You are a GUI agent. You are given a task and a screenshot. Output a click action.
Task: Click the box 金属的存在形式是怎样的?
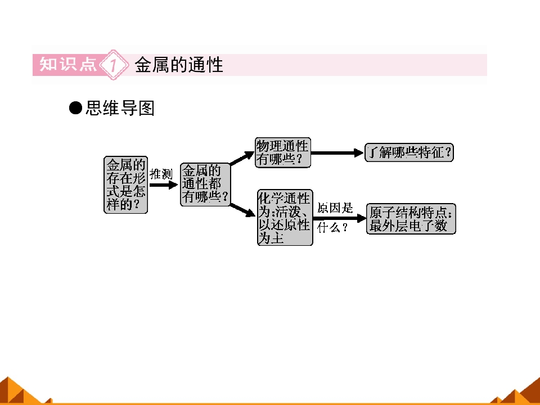click(x=125, y=185)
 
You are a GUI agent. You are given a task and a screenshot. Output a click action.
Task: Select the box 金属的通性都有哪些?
click(x=205, y=184)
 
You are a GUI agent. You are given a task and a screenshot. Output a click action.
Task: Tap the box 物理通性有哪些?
click(x=283, y=152)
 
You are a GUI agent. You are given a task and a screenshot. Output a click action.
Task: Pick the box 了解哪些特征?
click(x=409, y=152)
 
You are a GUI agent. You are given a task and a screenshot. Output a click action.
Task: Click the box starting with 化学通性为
click(x=285, y=217)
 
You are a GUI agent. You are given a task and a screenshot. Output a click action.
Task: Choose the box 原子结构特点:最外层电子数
click(x=411, y=219)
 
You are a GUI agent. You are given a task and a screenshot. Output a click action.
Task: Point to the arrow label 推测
click(x=161, y=174)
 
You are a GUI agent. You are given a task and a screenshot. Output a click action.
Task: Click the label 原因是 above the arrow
click(x=335, y=208)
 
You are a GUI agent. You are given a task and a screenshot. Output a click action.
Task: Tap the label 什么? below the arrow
click(x=332, y=228)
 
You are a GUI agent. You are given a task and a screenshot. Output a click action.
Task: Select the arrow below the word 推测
click(x=164, y=185)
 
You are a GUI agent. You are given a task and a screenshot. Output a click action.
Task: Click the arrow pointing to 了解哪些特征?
click(x=337, y=153)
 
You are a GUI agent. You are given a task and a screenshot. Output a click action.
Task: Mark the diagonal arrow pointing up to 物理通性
click(x=242, y=158)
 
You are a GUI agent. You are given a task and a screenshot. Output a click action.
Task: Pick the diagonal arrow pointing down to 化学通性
click(x=243, y=210)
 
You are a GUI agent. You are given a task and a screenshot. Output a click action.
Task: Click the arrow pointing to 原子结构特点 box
click(x=340, y=218)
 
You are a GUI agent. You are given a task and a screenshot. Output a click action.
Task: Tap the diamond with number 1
click(x=114, y=65)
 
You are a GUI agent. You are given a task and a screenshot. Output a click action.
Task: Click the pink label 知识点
click(x=68, y=64)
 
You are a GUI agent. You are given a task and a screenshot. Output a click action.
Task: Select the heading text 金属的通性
click(x=179, y=65)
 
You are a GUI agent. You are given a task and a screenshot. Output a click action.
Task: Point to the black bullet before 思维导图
click(x=75, y=108)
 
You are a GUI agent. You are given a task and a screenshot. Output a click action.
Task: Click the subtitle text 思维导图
click(x=120, y=108)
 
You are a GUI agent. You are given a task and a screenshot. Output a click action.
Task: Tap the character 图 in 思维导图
click(x=146, y=108)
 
